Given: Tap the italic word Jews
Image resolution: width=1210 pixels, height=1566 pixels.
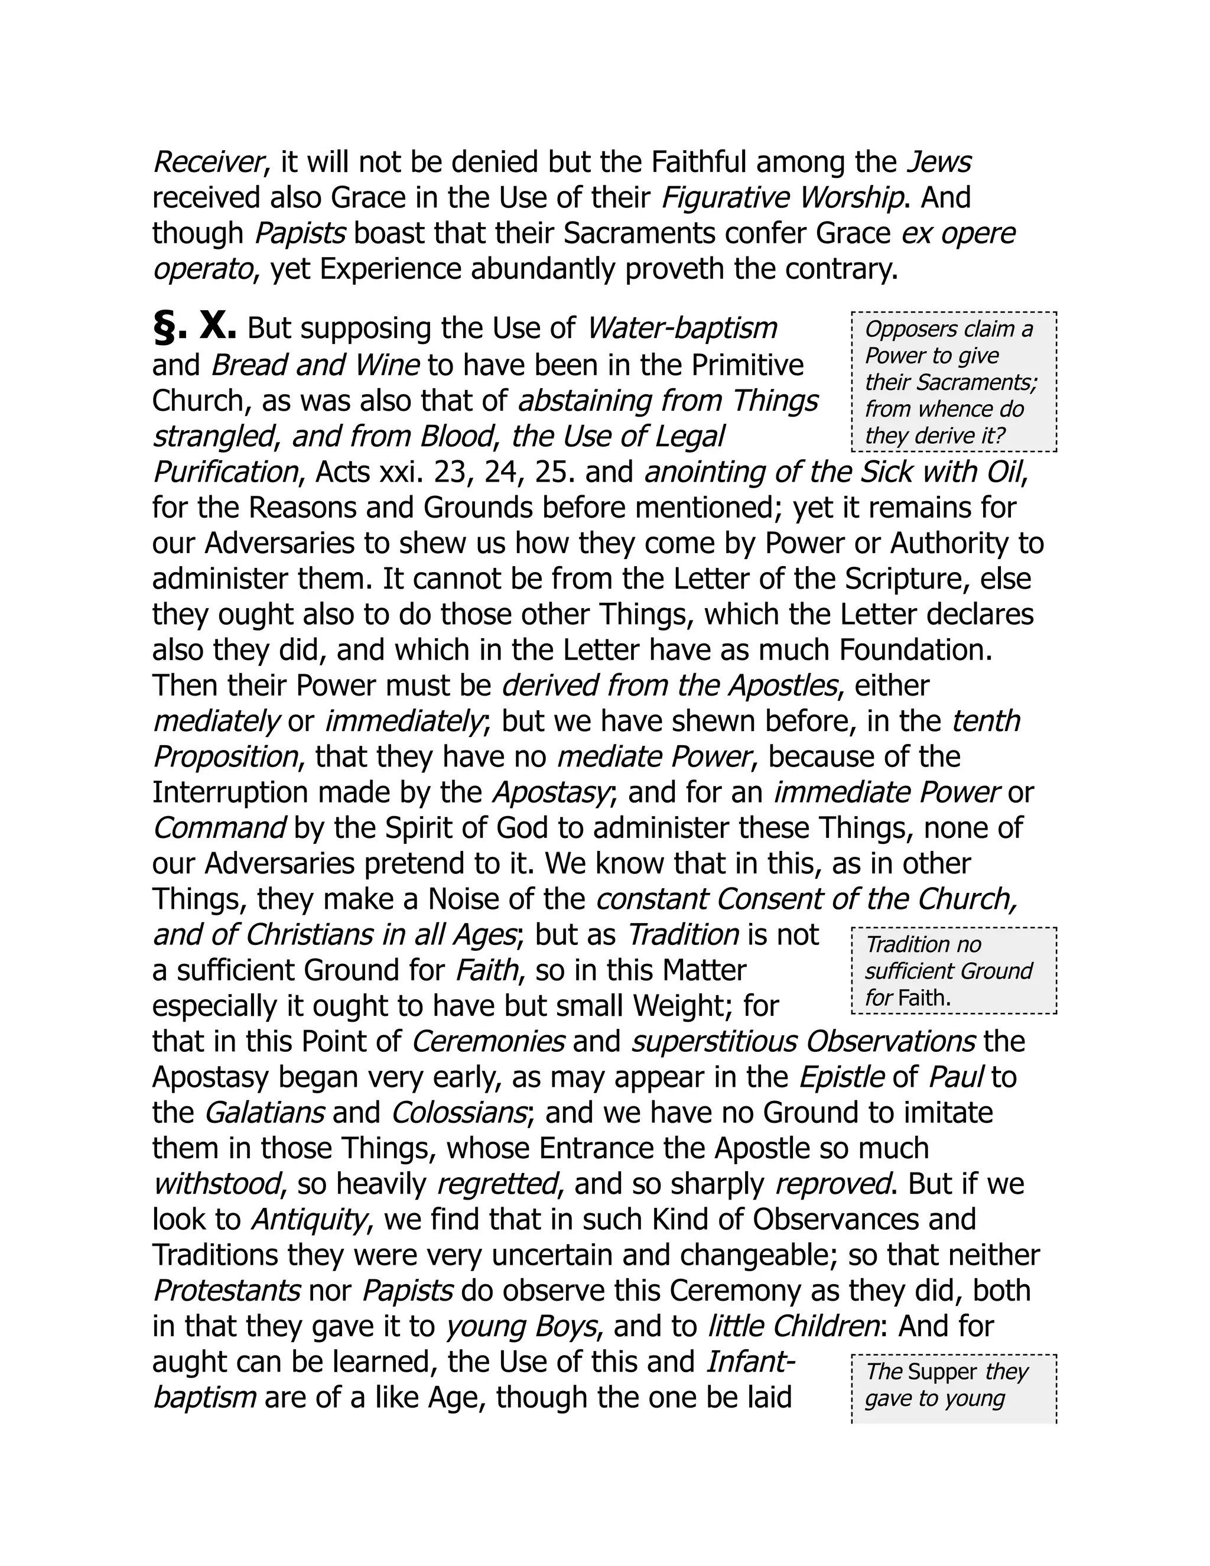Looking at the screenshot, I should [x=938, y=163].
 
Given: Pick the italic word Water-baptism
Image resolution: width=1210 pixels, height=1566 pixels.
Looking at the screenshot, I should [x=682, y=329].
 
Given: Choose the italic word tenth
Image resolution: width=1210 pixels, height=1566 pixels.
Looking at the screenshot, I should [x=985, y=722].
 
